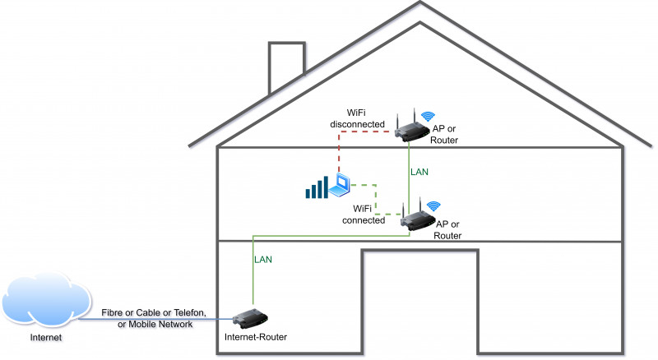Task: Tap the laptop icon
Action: click(340, 187)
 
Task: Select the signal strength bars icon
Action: click(316, 189)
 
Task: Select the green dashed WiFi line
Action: click(375, 197)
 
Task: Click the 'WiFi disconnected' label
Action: click(358, 118)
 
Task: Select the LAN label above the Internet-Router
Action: click(262, 259)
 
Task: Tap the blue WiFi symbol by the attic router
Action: click(428, 117)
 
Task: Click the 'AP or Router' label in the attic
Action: click(444, 135)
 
